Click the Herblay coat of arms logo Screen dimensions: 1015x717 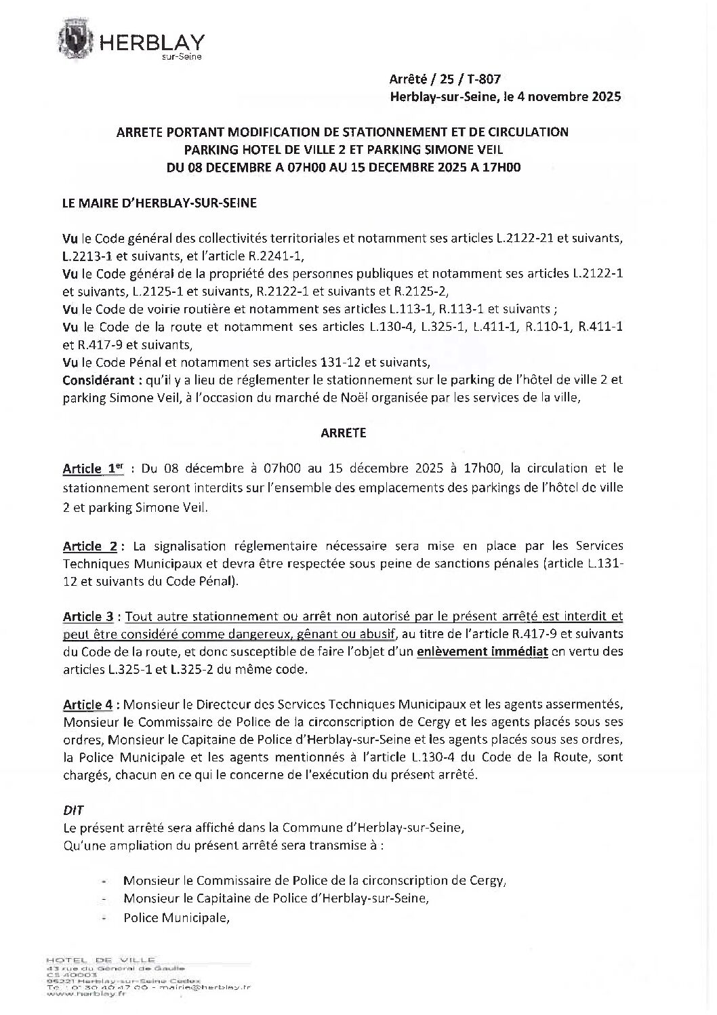coord(79,41)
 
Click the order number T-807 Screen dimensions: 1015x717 coord(482,80)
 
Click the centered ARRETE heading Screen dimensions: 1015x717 coord(343,433)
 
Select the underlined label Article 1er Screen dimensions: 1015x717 coord(88,469)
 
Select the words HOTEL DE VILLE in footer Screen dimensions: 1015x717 coord(100,960)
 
